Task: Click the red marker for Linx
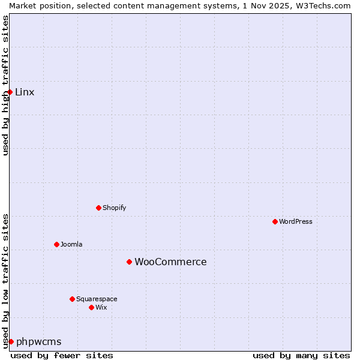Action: click(x=10, y=92)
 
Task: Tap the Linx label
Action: click(x=25, y=92)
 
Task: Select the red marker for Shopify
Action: click(x=98, y=208)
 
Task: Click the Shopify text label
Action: click(x=114, y=208)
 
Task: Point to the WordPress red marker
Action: click(x=275, y=221)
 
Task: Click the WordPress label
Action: click(x=296, y=221)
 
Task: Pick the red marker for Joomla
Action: click(x=56, y=244)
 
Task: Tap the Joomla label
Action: click(x=71, y=244)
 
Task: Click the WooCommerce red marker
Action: click(x=129, y=262)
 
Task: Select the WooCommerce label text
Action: click(x=170, y=262)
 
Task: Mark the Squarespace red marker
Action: click(x=72, y=299)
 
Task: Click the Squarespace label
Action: click(x=97, y=299)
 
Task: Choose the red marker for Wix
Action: click(x=91, y=307)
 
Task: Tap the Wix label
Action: click(x=101, y=307)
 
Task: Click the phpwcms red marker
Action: click(x=11, y=341)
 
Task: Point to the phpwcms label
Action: click(x=38, y=341)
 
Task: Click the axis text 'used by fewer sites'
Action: click(x=62, y=355)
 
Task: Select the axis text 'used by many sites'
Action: click(x=301, y=355)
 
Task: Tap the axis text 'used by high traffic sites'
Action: click(x=5, y=85)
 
